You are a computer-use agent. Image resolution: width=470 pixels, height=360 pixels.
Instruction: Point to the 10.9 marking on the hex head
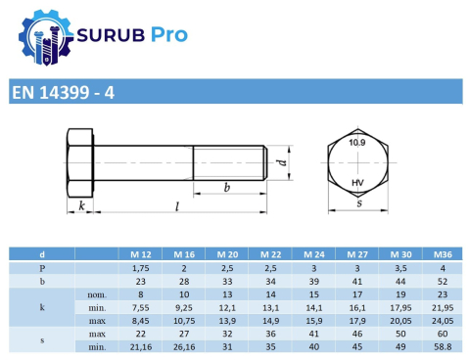tap(357, 144)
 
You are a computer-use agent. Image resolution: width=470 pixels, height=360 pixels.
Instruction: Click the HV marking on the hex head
tap(357, 182)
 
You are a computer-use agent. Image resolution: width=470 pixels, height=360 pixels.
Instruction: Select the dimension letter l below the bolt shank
tap(176, 206)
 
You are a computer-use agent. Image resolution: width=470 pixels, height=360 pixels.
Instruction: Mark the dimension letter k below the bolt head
tap(80, 206)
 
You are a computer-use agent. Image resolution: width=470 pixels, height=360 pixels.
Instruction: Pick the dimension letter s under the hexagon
tap(358, 204)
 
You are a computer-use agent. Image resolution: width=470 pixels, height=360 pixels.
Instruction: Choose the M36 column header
tap(443, 253)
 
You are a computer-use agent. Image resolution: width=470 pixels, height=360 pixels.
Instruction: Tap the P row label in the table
tap(41, 266)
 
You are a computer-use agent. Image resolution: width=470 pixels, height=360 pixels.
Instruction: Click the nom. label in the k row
tap(96, 293)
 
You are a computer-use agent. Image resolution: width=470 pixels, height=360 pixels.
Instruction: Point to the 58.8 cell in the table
tap(443, 346)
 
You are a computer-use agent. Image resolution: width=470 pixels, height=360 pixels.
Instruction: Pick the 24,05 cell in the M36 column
tap(443, 320)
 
